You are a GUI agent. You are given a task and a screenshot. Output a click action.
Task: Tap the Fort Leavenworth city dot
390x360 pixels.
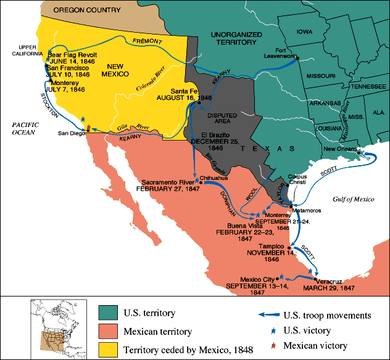click(297, 58)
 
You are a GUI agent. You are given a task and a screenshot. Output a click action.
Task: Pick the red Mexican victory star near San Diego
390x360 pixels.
click(88, 128)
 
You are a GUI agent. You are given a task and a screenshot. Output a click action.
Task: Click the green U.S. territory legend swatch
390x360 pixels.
click(107, 314)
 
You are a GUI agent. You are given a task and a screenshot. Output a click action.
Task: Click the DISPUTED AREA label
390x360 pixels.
click(221, 118)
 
